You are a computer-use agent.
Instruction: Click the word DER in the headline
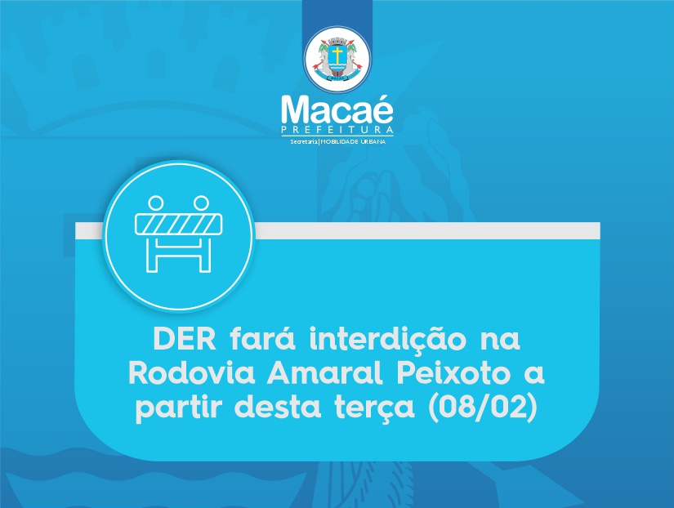pos(185,339)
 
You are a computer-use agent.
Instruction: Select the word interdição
pos(388,340)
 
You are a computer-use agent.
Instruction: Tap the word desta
pos(278,407)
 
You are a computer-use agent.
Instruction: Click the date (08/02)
pos(483,407)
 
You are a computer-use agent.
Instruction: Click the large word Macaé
pos(337,110)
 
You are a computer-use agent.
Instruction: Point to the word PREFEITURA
pos(337,130)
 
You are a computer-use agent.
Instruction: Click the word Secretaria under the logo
pos(303,141)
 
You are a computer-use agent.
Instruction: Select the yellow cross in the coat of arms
pos(338,55)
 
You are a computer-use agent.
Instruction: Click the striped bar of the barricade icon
pos(178,225)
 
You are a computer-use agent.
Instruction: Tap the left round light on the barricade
pos(155,203)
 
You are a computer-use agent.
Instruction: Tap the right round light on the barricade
pos(201,203)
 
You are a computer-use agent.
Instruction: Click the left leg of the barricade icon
pos(152,254)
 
